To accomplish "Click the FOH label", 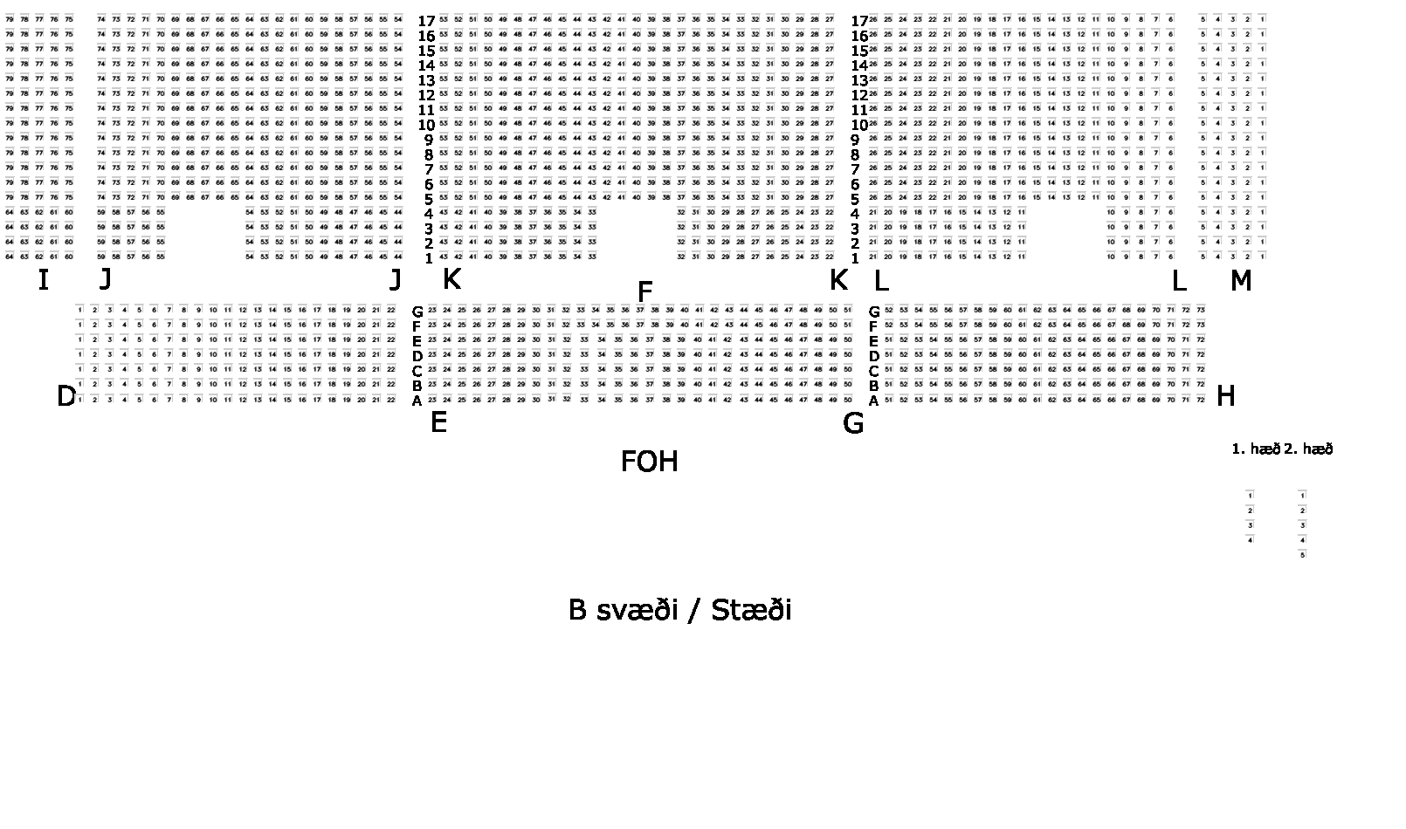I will coord(649,462).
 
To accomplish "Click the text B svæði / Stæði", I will coord(679,610).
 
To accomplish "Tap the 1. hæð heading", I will coord(1255,449).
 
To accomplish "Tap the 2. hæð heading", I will coord(1308,449).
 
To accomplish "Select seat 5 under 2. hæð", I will coord(1303,554).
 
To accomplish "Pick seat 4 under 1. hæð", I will coord(1251,540).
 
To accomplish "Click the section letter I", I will coord(43,280).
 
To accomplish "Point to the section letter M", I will coord(1240,281).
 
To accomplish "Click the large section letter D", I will coord(66,397).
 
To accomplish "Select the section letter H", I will coord(1225,397).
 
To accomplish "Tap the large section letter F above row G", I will coord(645,292).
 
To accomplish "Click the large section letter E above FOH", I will coord(438,423).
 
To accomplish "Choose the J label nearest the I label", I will coord(106,279).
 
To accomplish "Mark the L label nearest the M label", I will coord(1178,281).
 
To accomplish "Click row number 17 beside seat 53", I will coord(426,21).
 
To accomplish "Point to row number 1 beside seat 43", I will coord(429,258).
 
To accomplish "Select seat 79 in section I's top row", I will coord(10,18).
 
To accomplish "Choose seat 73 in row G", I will coord(1201,310).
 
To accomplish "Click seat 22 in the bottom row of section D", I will coord(390,399).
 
